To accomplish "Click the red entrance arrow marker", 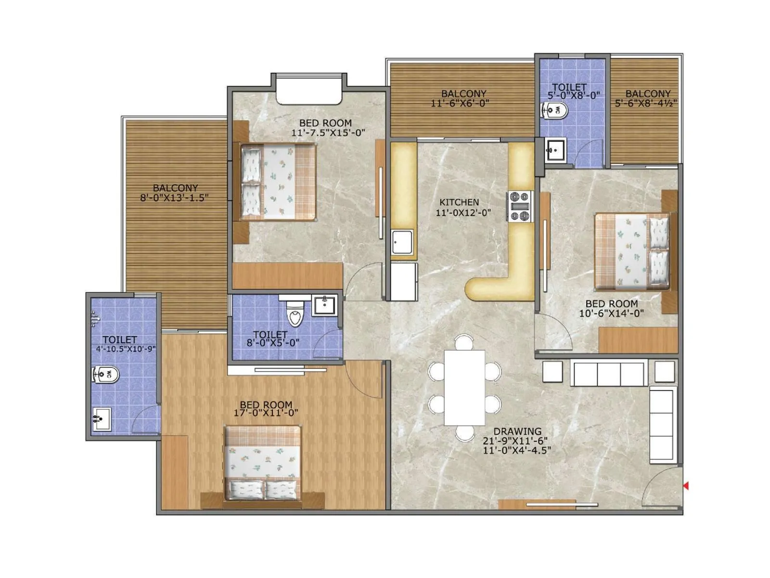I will point(685,486).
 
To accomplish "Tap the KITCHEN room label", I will point(459,202).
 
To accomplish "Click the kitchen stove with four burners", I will point(520,207).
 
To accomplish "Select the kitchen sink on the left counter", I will point(402,242).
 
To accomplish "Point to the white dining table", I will point(464,388).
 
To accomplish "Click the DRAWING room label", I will point(517,431).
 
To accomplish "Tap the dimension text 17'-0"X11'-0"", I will point(266,413).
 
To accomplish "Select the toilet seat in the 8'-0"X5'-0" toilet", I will point(295,314).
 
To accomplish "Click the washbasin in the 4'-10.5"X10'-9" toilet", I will point(102,419).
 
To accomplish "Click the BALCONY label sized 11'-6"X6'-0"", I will point(463,93).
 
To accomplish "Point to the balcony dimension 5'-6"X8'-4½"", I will point(646,103).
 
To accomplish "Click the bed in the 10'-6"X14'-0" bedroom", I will point(632,251).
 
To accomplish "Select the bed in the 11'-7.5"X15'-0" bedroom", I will point(278,182).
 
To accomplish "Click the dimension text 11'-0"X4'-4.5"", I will point(517,450).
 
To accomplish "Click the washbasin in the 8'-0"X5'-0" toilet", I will point(325,305).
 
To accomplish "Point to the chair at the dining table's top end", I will point(464,342).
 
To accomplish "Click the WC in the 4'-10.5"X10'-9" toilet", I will point(105,374).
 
